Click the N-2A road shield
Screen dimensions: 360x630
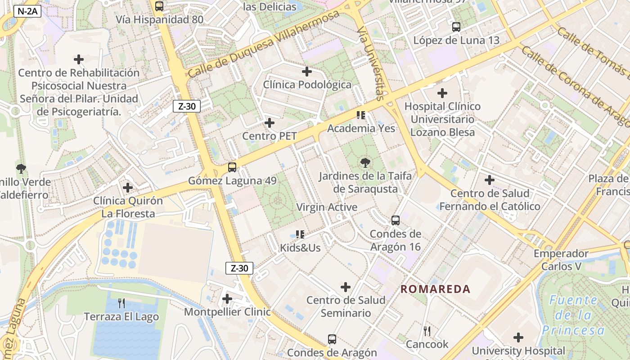(27, 12)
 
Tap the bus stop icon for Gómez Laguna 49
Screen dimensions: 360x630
(232, 167)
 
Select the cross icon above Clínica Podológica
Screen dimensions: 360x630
(307, 72)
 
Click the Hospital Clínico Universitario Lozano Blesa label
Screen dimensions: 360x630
(442, 119)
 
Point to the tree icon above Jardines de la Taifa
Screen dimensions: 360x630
(365, 163)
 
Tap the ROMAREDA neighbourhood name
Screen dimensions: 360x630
(435, 289)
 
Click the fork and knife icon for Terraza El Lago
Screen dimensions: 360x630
(121, 303)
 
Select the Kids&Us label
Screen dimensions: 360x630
(300, 247)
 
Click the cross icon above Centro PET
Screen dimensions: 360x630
(270, 123)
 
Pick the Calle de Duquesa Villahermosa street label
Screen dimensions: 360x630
(263, 44)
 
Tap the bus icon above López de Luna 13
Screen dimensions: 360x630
(456, 27)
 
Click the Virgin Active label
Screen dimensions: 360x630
(327, 207)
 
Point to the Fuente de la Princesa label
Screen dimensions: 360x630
(573, 315)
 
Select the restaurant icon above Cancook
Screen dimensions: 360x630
(427, 331)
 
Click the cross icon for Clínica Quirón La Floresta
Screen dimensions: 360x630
(128, 187)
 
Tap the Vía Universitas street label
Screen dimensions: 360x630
(370, 63)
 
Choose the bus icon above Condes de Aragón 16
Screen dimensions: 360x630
(396, 220)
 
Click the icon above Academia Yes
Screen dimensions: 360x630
(361, 115)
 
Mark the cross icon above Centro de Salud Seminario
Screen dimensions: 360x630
(346, 287)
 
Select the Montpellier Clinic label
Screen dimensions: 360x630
(227, 312)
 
